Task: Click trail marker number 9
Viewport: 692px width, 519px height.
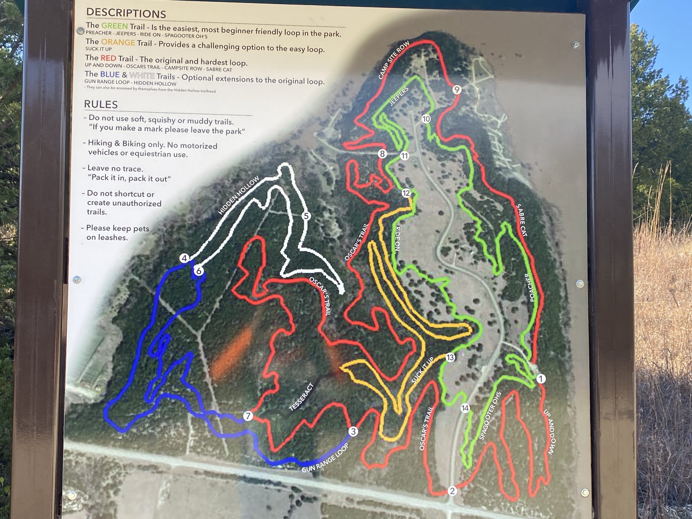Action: pyautogui.click(x=457, y=90)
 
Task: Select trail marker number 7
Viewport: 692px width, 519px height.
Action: pyautogui.click(x=248, y=416)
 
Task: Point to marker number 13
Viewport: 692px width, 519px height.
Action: pyautogui.click(x=450, y=357)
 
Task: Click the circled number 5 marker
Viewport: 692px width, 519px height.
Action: pyautogui.click(x=306, y=216)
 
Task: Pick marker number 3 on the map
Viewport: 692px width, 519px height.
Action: pyautogui.click(x=353, y=432)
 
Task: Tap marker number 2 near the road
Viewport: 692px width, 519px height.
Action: pyautogui.click(x=452, y=491)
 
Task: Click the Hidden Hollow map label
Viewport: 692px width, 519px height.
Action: pyautogui.click(x=239, y=195)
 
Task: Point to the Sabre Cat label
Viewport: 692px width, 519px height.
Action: pyautogui.click(x=521, y=220)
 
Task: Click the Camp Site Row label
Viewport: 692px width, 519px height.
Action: pyautogui.click(x=394, y=60)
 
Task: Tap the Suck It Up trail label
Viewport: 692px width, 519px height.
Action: pyautogui.click(x=422, y=370)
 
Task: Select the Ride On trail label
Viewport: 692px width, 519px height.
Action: pyautogui.click(x=398, y=238)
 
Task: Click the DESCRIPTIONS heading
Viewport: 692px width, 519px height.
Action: pyautogui.click(x=126, y=13)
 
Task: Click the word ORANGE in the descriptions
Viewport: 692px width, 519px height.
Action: pyautogui.click(x=118, y=42)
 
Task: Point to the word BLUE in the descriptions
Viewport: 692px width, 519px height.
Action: pyautogui.click(x=109, y=74)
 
